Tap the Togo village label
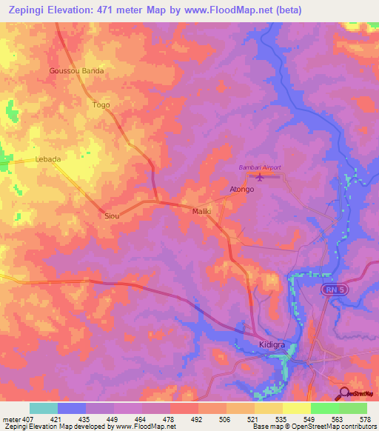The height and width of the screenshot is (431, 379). coord(101,105)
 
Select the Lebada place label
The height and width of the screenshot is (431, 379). coord(47,159)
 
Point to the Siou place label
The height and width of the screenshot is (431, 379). coord(113,215)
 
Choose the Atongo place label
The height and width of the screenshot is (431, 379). coord(241,190)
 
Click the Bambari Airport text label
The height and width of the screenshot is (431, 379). coord(259,168)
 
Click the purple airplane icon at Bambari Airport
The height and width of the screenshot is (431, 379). coord(259,177)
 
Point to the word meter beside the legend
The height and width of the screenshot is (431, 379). coord(13,419)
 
